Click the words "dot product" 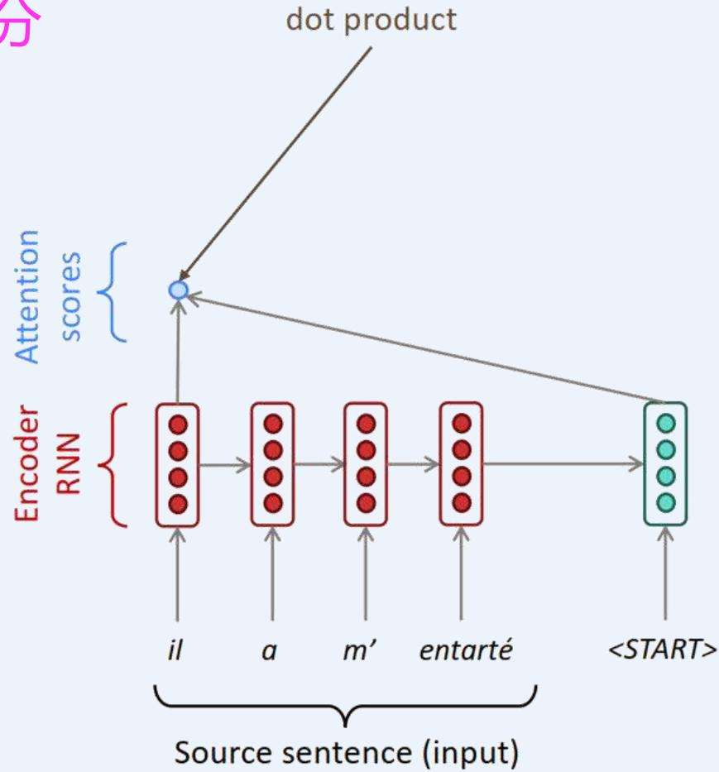pyautogui.click(x=371, y=19)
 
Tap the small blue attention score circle pyautogui.click(x=178, y=290)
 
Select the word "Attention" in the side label pyautogui.click(x=29, y=295)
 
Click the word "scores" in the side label pyautogui.click(x=71, y=295)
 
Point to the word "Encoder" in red pyautogui.click(x=29, y=463)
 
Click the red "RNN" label pyautogui.click(x=70, y=463)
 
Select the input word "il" pyautogui.click(x=176, y=650)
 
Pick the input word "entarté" pyautogui.click(x=466, y=650)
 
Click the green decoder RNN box pyautogui.click(x=665, y=463)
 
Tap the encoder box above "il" pyautogui.click(x=177, y=463)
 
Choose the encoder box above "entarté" pyautogui.click(x=462, y=463)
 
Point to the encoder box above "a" pyautogui.click(x=272, y=463)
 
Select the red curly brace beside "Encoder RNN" pyautogui.click(x=113, y=464)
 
